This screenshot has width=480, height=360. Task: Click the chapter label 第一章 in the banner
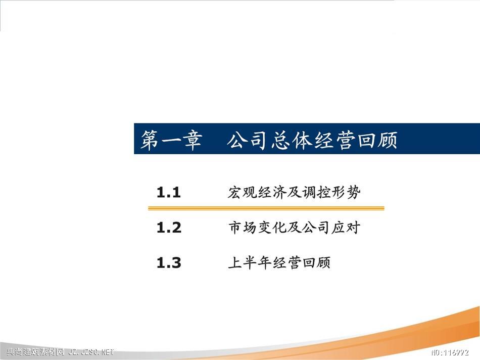point(171,140)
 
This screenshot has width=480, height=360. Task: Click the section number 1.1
point(168,193)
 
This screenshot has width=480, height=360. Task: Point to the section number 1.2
point(169,228)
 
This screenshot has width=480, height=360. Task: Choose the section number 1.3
point(169,263)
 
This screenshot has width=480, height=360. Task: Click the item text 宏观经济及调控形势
point(294,193)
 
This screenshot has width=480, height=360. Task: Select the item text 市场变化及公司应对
point(294,228)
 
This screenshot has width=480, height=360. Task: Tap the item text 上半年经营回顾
point(279,263)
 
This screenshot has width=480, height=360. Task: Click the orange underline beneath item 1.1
point(266,208)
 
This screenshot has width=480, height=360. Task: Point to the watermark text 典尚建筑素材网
point(35,352)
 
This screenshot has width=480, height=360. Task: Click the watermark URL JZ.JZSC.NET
point(91,352)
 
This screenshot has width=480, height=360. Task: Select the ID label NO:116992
point(450,352)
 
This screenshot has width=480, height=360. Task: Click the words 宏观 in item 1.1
point(242,193)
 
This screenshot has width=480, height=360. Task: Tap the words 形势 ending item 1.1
point(346,193)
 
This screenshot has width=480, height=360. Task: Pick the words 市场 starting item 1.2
point(243,228)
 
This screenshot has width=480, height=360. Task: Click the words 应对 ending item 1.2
point(346,228)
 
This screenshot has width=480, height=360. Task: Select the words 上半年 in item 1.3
point(250,263)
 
